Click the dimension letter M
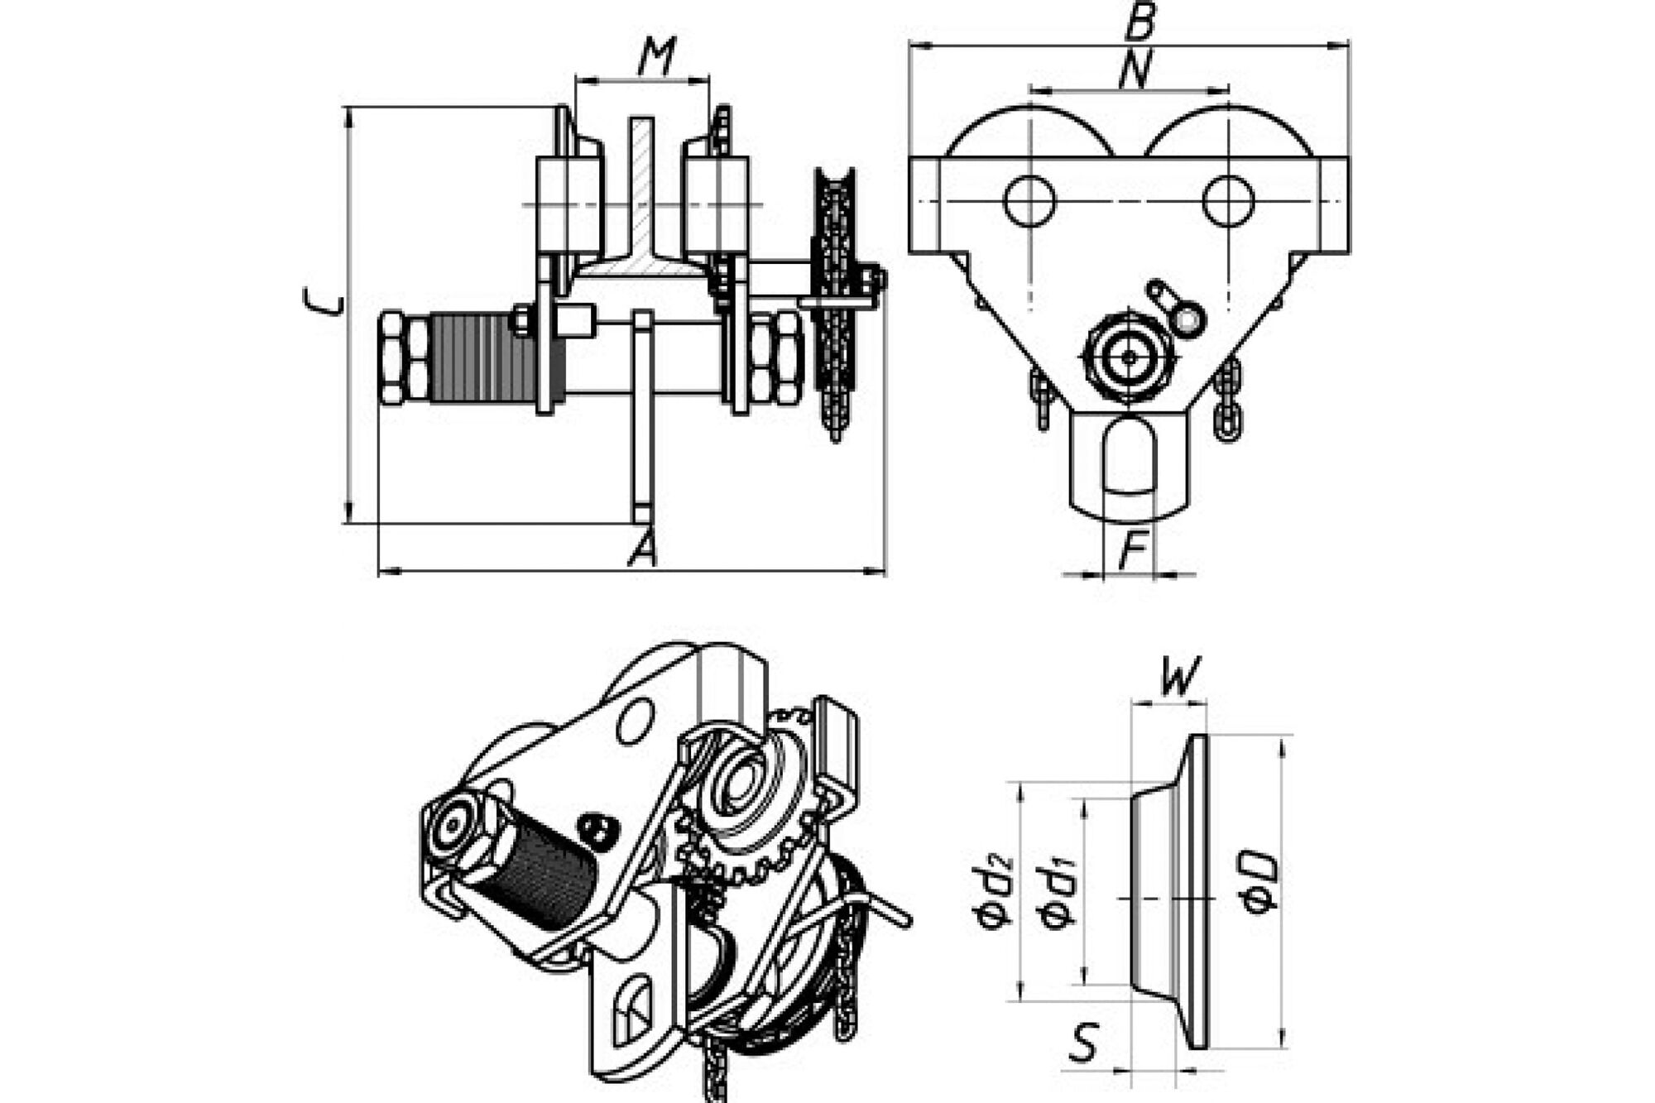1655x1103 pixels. [x=657, y=57]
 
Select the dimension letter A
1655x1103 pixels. [x=642, y=548]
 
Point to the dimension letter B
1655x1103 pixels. [x=1139, y=21]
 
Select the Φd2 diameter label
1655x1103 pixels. [x=992, y=892]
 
